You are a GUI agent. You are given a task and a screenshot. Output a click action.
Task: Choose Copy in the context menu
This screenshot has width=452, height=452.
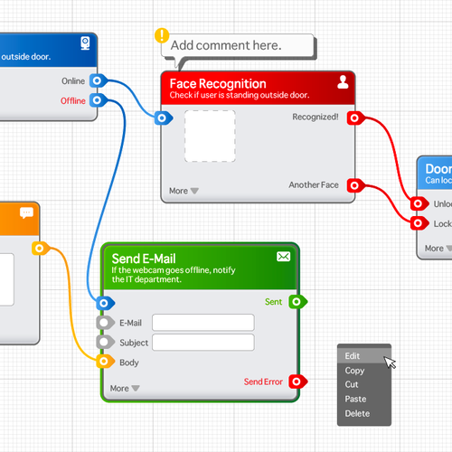click(355, 371)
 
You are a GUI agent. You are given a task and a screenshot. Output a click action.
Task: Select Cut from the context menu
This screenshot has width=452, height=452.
click(353, 384)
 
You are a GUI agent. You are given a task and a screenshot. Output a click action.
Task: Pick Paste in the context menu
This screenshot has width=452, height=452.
click(356, 399)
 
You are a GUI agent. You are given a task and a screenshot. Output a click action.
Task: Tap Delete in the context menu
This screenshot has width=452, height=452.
click(358, 413)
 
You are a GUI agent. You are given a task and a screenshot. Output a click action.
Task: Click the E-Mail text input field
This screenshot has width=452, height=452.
click(203, 323)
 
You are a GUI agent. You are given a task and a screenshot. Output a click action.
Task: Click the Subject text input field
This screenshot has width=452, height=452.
click(203, 342)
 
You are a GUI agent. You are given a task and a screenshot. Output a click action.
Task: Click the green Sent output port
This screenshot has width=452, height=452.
click(297, 302)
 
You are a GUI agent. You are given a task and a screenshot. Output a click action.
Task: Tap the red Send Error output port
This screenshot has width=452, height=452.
click(297, 381)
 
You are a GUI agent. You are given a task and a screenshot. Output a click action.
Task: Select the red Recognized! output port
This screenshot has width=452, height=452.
click(354, 118)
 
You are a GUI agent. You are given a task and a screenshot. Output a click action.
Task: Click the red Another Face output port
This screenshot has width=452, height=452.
click(354, 185)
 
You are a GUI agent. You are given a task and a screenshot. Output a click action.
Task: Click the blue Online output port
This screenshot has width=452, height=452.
click(98, 81)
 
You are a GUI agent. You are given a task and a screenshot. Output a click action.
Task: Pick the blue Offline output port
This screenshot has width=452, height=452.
click(98, 100)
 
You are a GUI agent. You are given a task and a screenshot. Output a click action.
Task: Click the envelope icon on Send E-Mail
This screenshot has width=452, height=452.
click(284, 257)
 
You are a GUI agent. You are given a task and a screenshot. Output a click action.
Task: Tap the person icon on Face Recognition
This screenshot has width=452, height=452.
click(343, 82)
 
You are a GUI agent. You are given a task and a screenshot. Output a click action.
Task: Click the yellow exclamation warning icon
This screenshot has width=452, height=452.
click(162, 36)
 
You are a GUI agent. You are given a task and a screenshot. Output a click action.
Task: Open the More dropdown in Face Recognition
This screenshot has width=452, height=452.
click(184, 191)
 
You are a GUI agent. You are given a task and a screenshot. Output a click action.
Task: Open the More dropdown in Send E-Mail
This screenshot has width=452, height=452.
click(125, 389)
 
